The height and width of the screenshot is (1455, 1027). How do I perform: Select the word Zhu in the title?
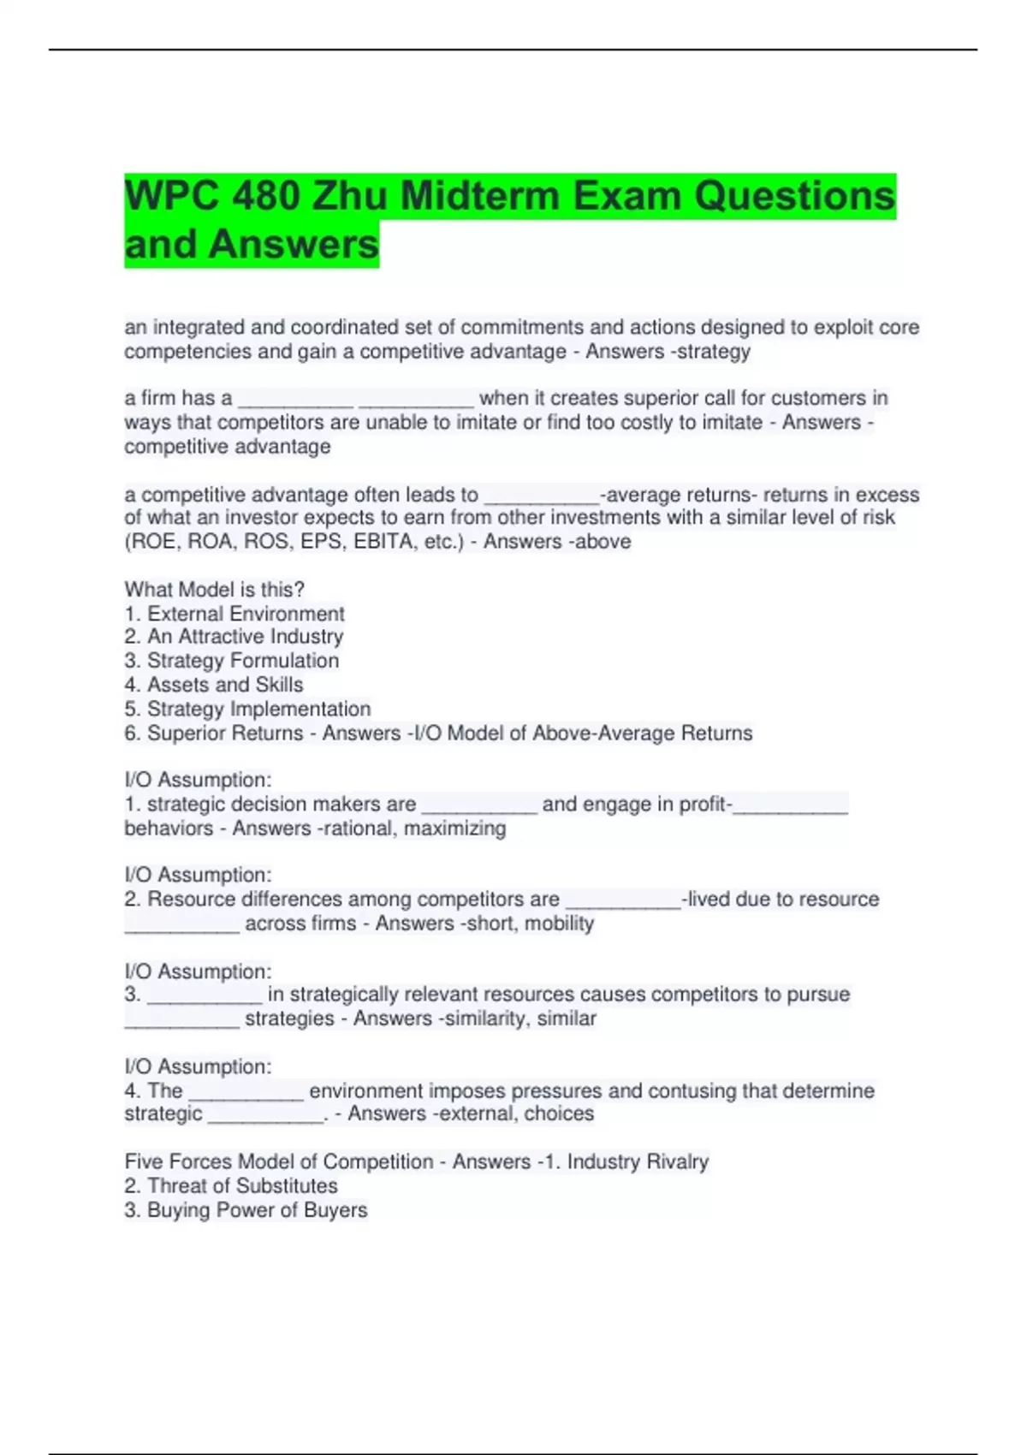pyautogui.click(x=351, y=196)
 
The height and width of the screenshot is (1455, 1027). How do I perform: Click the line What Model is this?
pyautogui.click(x=215, y=590)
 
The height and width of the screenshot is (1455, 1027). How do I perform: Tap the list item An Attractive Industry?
pyautogui.click(x=245, y=637)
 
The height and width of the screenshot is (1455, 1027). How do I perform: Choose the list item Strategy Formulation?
pyautogui.click(x=243, y=661)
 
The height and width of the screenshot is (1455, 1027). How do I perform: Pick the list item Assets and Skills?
pyautogui.click(x=225, y=685)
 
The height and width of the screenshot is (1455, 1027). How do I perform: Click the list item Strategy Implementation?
pyautogui.click(x=258, y=709)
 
